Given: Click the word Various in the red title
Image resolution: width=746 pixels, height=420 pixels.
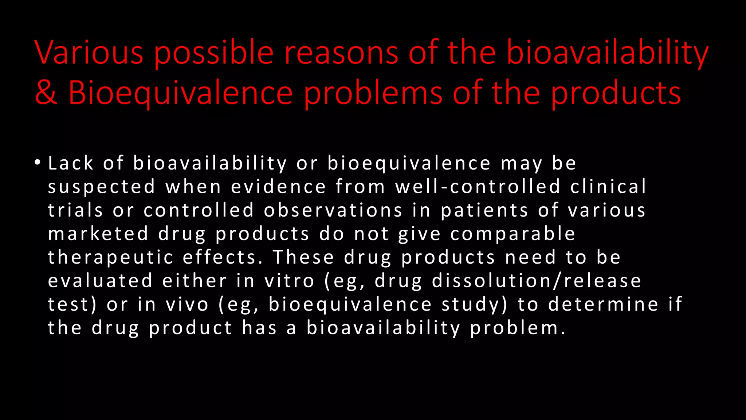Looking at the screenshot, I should pyautogui.click(x=89, y=53).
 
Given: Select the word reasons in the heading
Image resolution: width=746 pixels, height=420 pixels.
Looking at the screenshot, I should pyautogui.click(x=341, y=53).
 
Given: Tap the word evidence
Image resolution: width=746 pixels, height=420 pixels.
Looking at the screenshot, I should pyautogui.click(x=278, y=187).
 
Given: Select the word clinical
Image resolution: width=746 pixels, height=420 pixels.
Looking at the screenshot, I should pyautogui.click(x=608, y=187).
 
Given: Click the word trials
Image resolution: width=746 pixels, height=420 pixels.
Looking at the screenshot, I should pyautogui.click(x=75, y=210).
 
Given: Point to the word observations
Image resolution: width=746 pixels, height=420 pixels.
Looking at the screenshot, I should pyautogui.click(x=333, y=210).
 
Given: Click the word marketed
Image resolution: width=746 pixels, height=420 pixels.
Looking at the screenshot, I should pyautogui.click(x=98, y=234).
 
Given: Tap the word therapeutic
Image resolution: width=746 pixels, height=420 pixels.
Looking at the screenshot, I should pyautogui.click(x=110, y=258).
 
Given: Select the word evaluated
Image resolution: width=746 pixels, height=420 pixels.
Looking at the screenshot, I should pyautogui.click(x=100, y=281).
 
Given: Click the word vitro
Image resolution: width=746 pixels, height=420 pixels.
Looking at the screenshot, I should pyautogui.click(x=289, y=281).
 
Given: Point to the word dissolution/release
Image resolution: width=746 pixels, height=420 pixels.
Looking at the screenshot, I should pyautogui.click(x=537, y=281).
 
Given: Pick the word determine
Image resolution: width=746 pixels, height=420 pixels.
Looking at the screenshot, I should pyautogui.click(x=603, y=304).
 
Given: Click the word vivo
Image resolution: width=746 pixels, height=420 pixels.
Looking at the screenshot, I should pyautogui.click(x=187, y=304).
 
